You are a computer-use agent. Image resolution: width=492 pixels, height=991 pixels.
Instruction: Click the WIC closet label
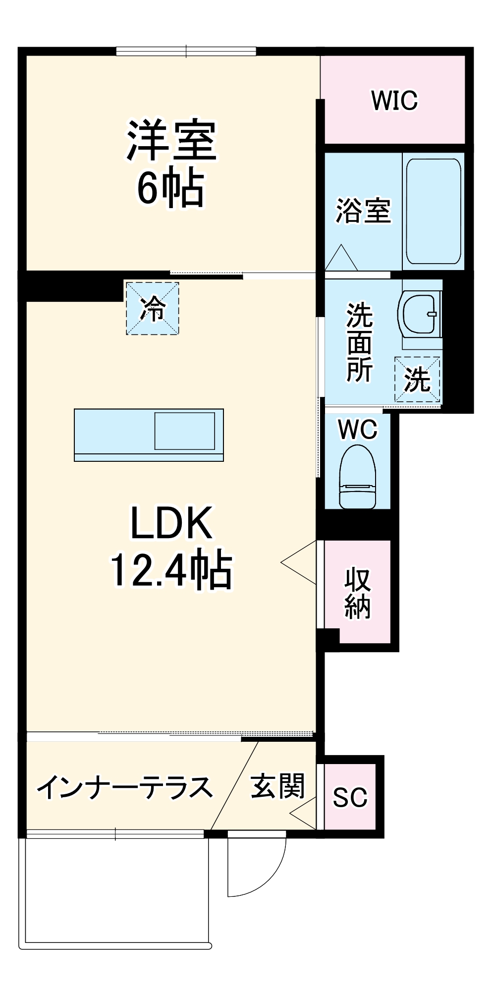point(394,101)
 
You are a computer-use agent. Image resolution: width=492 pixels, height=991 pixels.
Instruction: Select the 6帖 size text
point(170,189)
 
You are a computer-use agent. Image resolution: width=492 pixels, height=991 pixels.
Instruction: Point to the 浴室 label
point(363,211)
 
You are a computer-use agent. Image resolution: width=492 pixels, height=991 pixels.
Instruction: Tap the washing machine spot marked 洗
point(417,380)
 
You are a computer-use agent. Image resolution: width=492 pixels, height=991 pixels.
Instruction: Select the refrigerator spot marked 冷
point(152,308)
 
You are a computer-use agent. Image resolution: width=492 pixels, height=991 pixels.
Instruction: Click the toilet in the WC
point(358,476)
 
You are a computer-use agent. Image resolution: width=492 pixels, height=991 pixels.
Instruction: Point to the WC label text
point(358,429)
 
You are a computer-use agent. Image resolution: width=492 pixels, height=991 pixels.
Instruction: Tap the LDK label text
point(171,523)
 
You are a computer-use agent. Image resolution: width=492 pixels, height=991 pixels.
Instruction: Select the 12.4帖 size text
point(171,570)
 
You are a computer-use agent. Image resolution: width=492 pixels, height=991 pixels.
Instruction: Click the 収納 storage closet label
point(357,593)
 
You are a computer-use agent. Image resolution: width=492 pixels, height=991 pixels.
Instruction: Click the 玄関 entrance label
point(277,786)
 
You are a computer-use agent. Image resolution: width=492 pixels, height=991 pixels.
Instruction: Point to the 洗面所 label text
point(359,342)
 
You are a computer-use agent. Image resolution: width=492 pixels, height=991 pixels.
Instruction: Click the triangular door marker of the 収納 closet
point(300,562)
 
